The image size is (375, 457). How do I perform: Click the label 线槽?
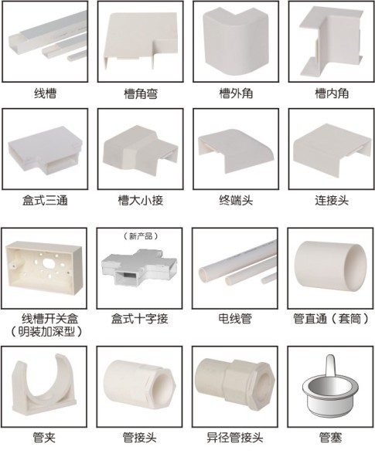tap(46, 93)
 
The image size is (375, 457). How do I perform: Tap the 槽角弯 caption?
tap(141, 93)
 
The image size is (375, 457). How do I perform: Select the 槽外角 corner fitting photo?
tap(236, 40)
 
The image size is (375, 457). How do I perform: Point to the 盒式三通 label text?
tap(46, 201)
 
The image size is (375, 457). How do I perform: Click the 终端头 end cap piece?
tap(236, 150)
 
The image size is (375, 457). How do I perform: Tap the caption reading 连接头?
tap(332, 201)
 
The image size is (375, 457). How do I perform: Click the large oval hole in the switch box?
tap(48, 262)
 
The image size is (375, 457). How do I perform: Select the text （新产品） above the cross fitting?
tap(141, 235)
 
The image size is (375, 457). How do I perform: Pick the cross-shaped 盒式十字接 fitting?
tap(139, 267)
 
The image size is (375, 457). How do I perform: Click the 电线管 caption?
tap(235, 319)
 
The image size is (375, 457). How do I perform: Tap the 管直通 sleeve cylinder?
tap(331, 266)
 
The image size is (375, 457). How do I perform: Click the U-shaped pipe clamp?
tap(44, 384)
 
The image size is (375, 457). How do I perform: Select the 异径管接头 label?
tap(235, 438)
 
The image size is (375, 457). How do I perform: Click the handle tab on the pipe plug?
tap(330, 365)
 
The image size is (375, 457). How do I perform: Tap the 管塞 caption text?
tap(330, 438)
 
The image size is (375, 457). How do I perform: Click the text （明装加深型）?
tap(46, 332)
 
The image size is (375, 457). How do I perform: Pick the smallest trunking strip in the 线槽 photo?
tap(77, 56)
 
